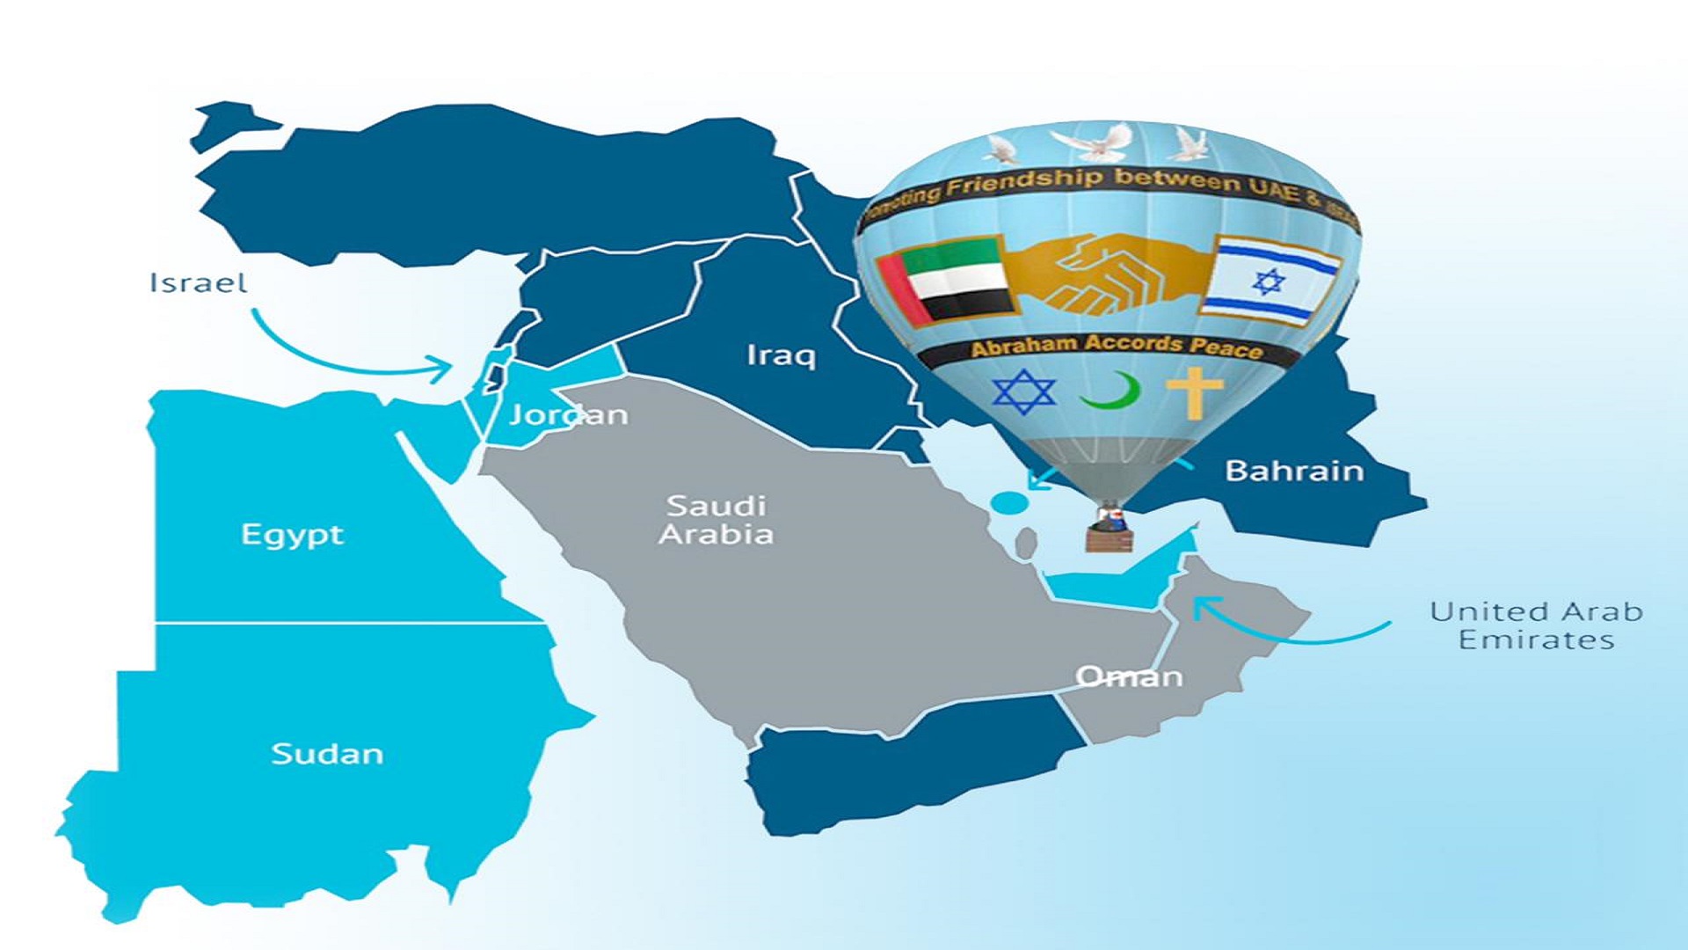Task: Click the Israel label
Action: (x=198, y=283)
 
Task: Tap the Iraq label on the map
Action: (x=781, y=355)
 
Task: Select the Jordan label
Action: (x=568, y=414)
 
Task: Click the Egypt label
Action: (x=292, y=535)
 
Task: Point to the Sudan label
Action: (x=327, y=754)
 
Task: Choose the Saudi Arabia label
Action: (x=717, y=519)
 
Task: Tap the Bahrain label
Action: (x=1294, y=471)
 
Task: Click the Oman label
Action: (x=1129, y=676)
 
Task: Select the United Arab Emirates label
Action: (x=1536, y=625)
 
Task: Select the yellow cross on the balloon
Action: (x=1194, y=391)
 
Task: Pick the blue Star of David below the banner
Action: (x=1023, y=391)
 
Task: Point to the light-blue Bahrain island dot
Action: (x=1009, y=503)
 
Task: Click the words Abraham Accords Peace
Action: (x=1117, y=346)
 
